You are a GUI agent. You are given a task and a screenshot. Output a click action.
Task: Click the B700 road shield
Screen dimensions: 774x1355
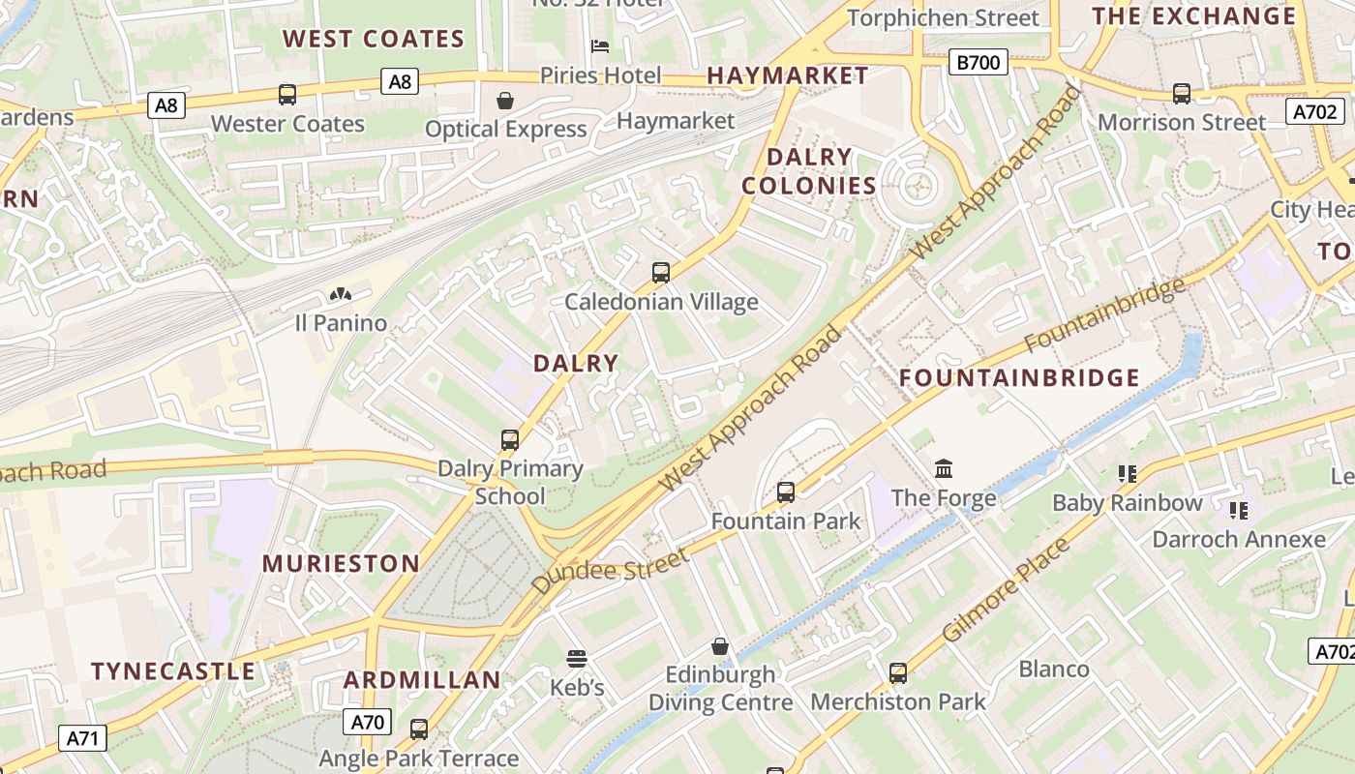point(979,64)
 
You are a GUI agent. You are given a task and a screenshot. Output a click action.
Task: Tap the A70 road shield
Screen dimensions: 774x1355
point(367,722)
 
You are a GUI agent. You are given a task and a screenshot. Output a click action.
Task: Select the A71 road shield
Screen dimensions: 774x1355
point(82,739)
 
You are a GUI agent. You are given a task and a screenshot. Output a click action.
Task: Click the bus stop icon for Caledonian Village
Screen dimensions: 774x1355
point(661,273)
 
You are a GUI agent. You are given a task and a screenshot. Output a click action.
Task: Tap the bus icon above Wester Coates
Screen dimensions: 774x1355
point(287,95)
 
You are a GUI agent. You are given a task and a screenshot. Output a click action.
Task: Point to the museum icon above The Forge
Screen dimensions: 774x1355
point(944,469)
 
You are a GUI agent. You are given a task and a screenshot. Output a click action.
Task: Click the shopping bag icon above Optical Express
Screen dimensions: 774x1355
point(505,101)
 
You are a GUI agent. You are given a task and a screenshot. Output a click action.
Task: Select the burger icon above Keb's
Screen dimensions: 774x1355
point(577,659)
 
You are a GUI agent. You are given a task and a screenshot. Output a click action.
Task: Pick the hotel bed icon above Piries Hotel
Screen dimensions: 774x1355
point(600,46)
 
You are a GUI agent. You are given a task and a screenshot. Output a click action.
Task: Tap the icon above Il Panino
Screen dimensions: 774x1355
point(340,294)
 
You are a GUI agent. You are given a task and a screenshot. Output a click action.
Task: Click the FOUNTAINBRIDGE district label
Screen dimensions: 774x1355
point(1020,378)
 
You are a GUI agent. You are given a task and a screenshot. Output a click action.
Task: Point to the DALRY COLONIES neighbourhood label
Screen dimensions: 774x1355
point(808,171)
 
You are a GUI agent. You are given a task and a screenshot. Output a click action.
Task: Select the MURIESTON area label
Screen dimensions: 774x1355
point(341,564)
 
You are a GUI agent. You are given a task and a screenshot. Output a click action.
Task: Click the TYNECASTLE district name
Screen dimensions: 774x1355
point(173,671)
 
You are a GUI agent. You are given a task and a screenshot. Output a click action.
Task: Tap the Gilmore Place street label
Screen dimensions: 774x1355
point(1006,590)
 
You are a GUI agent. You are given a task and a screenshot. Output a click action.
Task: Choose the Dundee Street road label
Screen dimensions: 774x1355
point(610,571)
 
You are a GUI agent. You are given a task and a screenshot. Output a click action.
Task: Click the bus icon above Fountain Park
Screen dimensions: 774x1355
point(786,492)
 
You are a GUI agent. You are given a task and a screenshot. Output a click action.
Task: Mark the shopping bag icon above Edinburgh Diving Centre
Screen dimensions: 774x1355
point(720,646)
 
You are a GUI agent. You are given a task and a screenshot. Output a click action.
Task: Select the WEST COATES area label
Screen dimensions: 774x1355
point(374,40)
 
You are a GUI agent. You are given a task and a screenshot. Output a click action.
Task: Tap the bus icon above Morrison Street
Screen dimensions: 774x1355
point(1182,94)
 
